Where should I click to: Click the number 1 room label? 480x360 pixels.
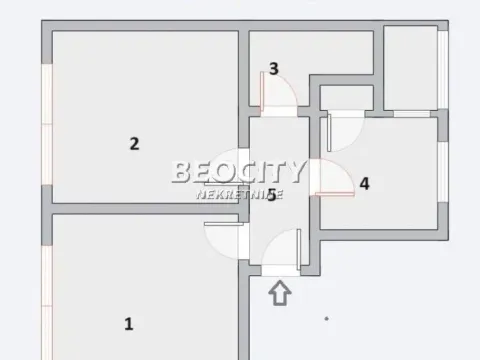tap(128, 323)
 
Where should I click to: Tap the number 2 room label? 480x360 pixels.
tap(134, 143)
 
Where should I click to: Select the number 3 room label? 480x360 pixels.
tap(273, 69)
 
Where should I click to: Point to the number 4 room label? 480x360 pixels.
tap(364, 183)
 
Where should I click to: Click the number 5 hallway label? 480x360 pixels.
tap(271, 194)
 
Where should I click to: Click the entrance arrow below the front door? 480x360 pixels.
tap(280, 292)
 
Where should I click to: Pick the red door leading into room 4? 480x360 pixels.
tap(332, 180)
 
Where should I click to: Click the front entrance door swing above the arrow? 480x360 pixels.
tap(284, 250)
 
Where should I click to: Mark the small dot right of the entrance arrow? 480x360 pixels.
tap(326, 318)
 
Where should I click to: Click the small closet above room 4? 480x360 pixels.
tap(346, 97)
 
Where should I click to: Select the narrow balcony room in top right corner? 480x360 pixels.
tap(410, 67)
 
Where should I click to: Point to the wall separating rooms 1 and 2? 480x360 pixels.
tap(145, 209)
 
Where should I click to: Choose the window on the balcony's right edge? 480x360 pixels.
tap(442, 67)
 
